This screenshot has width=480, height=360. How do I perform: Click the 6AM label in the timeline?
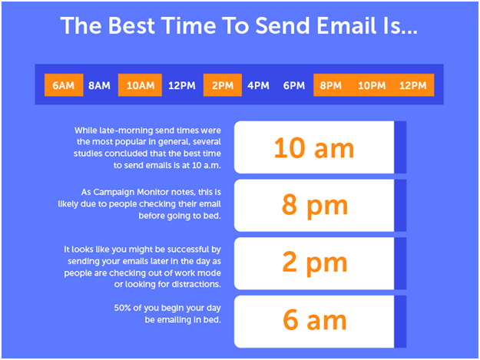pos(64,85)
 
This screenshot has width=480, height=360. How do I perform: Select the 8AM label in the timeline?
pos(99,85)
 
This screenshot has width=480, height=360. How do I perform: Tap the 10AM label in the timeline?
pos(141,85)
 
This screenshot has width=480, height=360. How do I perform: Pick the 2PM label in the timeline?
pos(223,85)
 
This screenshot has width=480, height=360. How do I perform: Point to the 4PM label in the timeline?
pos(258,85)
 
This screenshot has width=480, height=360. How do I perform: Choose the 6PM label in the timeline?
pos(294,85)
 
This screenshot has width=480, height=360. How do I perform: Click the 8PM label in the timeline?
pos(330,85)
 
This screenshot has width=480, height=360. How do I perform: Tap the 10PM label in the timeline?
pos(372,85)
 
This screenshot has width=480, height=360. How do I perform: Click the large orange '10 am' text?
pos(314,148)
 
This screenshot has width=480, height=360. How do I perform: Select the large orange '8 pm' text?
pos(315,206)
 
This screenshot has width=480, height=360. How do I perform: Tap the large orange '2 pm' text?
pos(315,263)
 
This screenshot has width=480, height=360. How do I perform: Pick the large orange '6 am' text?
pos(315,320)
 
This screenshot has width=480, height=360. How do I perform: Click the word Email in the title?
pos(346,25)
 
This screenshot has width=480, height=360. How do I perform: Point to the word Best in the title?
pos(131,25)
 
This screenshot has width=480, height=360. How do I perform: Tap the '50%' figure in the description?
pos(122,308)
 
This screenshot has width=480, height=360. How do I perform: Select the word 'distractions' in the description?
pos(195,284)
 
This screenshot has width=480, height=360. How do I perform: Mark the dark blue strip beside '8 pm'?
pos(400,206)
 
